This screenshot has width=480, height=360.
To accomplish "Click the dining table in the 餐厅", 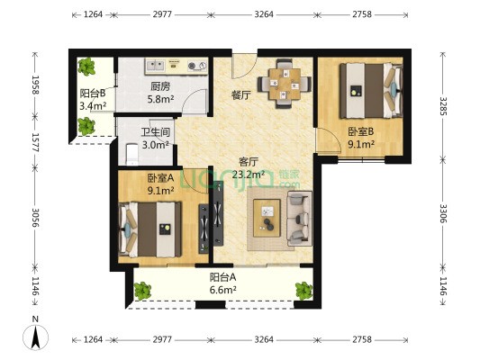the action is pos(285,84).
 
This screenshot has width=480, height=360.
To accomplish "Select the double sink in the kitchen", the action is pos(156,65).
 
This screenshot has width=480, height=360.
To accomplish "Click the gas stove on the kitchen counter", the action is pos(197,66).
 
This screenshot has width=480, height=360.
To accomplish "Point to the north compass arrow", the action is pos(36,337).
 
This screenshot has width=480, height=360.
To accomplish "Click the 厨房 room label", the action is pos(160,87).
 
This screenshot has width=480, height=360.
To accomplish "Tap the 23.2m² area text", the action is pos(249,175).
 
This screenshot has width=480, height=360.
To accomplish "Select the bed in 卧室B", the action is pos(371,91).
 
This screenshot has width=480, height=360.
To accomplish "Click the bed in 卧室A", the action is pos(150,229).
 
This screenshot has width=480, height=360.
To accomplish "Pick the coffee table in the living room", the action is pos(267,218).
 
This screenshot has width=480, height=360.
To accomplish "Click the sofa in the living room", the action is pos(299,219).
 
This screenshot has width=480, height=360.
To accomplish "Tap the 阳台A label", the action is pos(222,277).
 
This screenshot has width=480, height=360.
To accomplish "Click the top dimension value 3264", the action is pos(264,14).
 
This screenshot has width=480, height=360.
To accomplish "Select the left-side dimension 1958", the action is pos(36,85).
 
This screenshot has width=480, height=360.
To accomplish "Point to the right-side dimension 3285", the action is pos(444,106).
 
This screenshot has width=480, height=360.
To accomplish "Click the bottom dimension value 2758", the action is pos(362,339).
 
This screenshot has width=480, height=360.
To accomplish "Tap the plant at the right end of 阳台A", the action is pos(303,291).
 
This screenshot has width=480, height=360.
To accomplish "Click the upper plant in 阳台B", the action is pos(86,67).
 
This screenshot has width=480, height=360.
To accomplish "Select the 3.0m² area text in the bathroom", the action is pos(156,145).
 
